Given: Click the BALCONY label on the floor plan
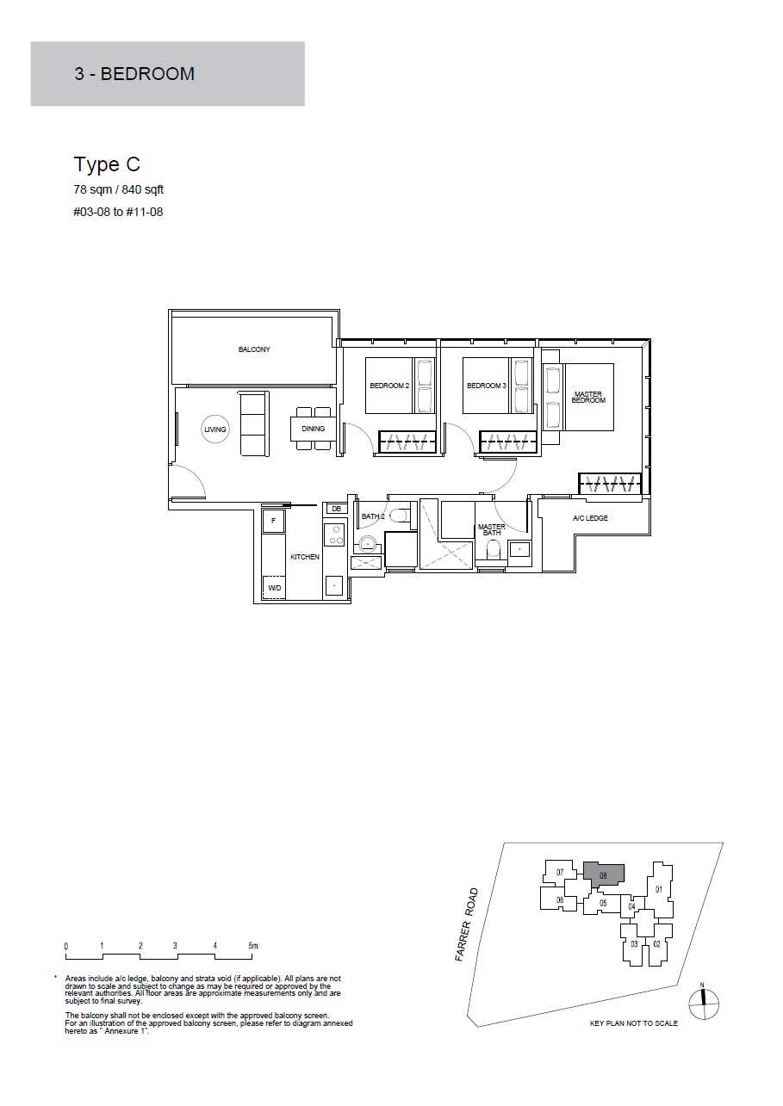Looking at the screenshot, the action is [254, 349].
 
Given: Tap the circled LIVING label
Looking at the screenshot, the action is [215, 429].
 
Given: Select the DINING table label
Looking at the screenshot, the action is [314, 429].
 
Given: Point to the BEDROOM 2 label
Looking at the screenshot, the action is [389, 386].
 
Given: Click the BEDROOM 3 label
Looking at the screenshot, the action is [487, 386].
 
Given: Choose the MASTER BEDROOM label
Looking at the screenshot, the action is [588, 398].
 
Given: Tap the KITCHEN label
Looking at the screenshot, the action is [305, 557].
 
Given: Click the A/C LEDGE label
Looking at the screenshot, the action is [590, 518].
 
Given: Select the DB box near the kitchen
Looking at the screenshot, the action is [337, 509].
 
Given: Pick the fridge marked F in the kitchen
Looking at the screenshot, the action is [274, 521].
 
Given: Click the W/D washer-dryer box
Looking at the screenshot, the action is [274, 588].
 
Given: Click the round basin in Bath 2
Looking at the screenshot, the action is [367, 545].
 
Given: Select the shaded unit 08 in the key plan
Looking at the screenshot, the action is [603, 875].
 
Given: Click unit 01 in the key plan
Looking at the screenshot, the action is [658, 890].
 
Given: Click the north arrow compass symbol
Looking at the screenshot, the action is [704, 1004].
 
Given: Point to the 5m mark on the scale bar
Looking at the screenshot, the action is [253, 947].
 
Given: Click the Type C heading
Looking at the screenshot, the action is [107, 164].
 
